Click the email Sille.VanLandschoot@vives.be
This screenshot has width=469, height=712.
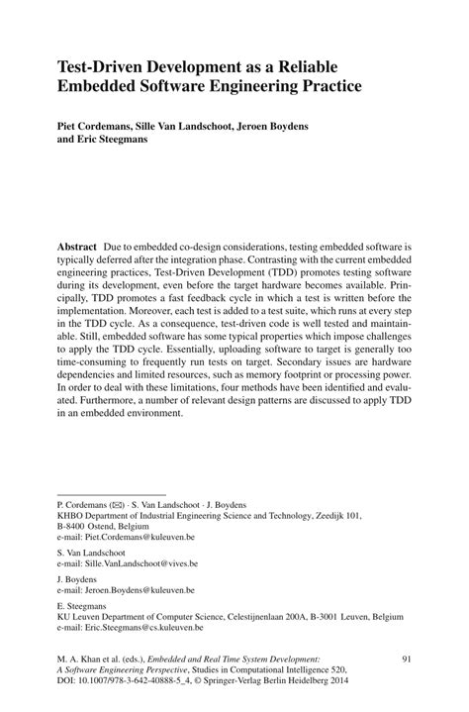(141, 562)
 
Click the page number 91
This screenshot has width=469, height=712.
(405, 658)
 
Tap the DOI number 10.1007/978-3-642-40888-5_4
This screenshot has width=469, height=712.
(138, 682)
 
